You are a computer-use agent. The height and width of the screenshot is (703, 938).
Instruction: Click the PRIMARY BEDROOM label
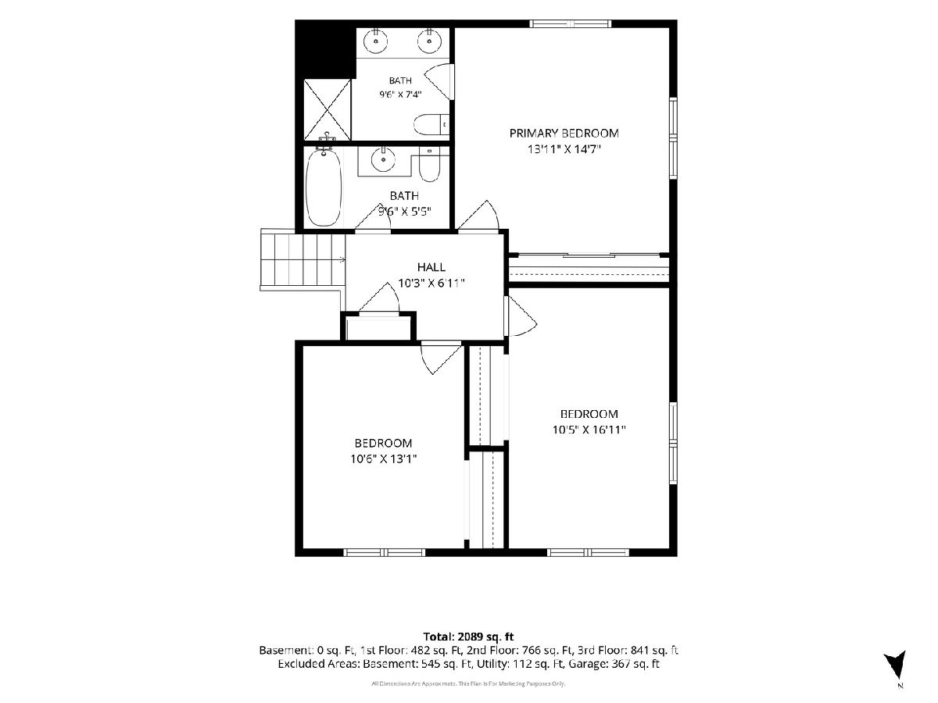[564, 134]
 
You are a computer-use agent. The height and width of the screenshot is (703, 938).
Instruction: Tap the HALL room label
[431, 267]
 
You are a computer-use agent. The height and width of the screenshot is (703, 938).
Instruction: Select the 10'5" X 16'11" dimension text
[589, 430]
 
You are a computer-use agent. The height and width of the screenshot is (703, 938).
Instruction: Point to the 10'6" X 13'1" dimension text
[383, 459]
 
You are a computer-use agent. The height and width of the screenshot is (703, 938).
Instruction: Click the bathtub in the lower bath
[324, 187]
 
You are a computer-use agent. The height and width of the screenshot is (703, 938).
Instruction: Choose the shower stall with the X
[327, 109]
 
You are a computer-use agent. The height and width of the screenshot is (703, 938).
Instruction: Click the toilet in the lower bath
[429, 164]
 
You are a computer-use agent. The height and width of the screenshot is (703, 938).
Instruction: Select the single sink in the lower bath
[383, 159]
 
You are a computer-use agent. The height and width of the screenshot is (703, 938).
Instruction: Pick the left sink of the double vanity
[376, 41]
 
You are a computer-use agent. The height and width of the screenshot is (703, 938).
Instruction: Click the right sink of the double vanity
[429, 41]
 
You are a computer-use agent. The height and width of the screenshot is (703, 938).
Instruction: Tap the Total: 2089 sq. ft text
[468, 637]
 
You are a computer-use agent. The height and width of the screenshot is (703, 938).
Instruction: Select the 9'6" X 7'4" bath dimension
[400, 94]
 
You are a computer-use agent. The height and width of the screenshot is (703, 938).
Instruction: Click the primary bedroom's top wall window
[571, 23]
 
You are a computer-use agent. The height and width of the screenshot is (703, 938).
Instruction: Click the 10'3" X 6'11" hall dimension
[431, 283]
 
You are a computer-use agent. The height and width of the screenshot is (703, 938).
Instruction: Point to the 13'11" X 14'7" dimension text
[564, 149]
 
